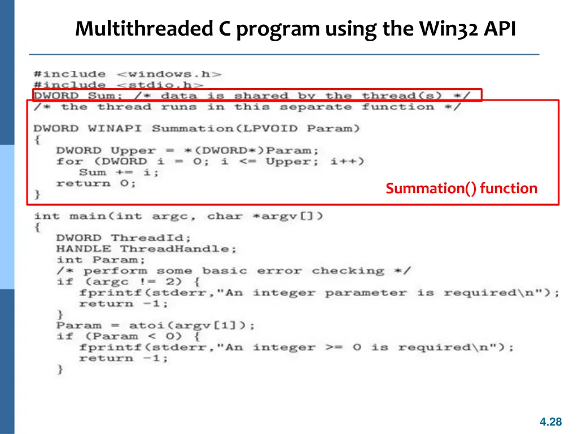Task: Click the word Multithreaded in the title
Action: pos(138,28)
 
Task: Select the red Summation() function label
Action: pos(461,189)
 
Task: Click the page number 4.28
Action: pos(550,422)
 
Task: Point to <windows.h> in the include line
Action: pos(169,74)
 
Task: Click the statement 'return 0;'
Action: pos(96,184)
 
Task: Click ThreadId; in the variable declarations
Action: pos(151,238)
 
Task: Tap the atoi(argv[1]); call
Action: pos(192,326)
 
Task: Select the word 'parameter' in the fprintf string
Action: pos(365,293)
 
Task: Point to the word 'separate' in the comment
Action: pos(316,107)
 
